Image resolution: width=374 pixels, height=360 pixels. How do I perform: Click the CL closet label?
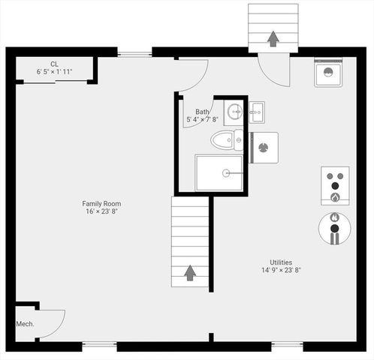(55, 64)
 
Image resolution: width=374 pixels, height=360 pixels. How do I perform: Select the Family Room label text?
(102, 203)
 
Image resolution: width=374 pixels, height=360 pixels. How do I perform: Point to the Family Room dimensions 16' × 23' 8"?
(102, 211)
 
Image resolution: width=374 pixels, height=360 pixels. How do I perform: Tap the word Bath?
(203, 111)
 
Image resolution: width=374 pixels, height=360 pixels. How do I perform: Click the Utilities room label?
(282, 262)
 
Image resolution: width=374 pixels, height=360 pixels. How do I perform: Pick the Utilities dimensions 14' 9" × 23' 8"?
(282, 270)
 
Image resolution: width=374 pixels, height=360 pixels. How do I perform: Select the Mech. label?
(25, 324)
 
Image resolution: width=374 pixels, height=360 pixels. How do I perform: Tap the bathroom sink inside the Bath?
(234, 113)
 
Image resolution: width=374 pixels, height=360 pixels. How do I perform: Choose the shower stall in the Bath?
(219, 173)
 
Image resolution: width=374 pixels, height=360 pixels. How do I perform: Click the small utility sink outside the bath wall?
(257, 112)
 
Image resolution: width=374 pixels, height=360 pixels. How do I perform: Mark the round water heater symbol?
(335, 228)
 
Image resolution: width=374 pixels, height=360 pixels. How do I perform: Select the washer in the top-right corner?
(329, 72)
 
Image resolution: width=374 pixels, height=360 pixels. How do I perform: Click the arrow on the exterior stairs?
(273, 37)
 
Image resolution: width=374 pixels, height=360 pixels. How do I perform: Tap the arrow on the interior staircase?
(190, 271)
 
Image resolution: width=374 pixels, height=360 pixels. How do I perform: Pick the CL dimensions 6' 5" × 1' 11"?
(55, 72)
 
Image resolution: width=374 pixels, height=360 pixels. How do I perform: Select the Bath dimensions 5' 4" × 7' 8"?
(203, 119)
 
